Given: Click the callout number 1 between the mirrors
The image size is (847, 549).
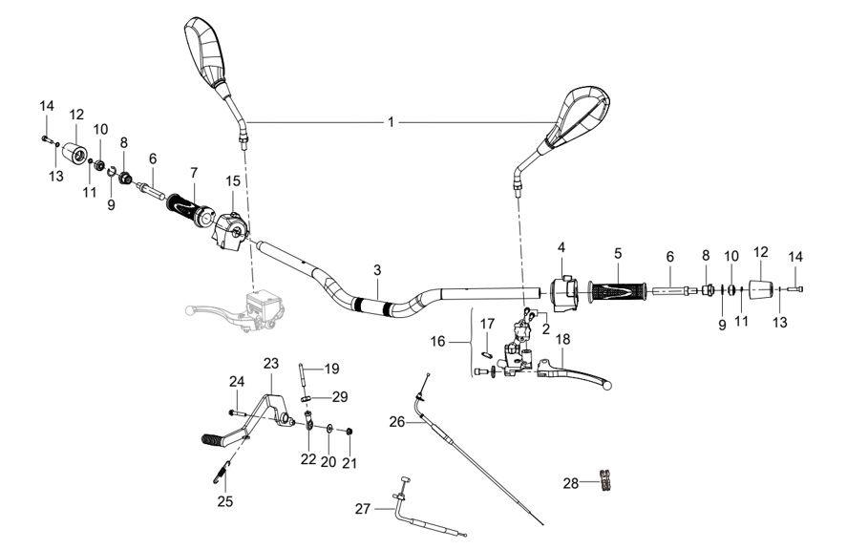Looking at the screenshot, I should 391,121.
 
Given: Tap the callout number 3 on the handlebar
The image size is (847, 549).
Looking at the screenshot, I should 378,270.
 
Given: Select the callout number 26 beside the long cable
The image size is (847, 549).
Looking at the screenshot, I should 397,421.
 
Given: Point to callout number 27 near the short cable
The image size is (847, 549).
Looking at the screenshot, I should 361,509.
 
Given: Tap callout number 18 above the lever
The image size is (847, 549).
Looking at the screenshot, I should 562,339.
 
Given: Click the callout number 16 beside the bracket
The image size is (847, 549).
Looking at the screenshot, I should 465,340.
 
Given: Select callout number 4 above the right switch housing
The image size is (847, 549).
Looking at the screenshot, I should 561,248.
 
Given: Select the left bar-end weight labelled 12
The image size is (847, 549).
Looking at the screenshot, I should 73,153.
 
